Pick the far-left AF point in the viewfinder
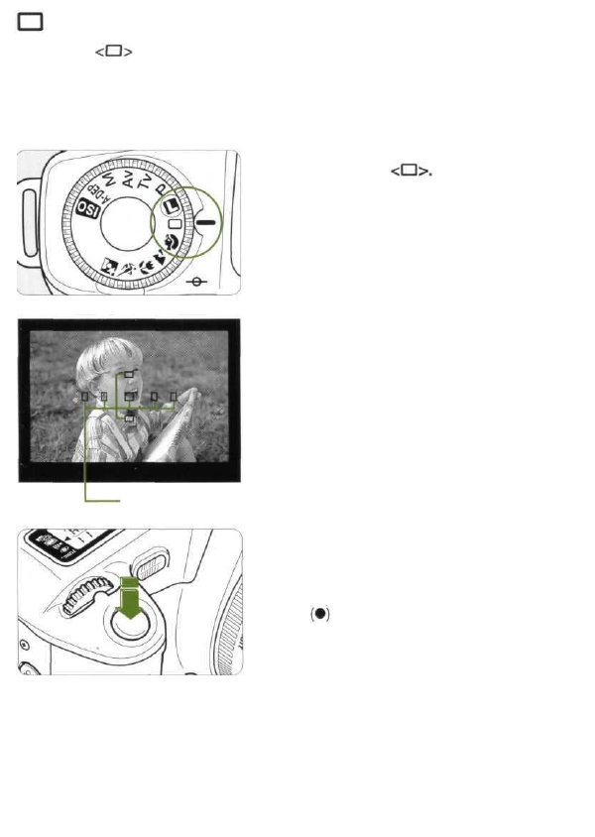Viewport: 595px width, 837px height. (x=85, y=397)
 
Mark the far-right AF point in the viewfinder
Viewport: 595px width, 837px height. (x=174, y=397)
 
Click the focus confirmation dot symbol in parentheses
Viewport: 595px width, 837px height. (x=319, y=614)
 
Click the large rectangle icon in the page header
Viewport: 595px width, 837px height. (x=30, y=23)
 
